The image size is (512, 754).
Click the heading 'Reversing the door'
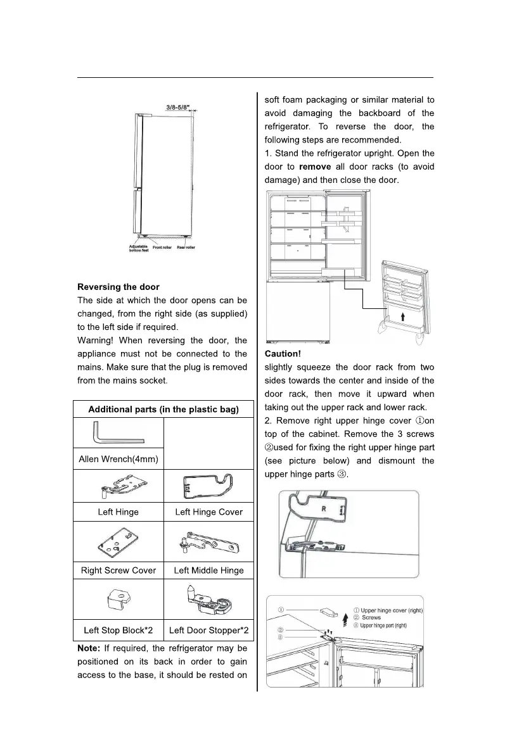pos(118,287)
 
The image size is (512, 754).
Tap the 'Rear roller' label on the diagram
pos(186,248)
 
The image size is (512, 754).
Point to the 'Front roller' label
pos(162,248)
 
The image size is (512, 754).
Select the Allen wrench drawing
pos(118,434)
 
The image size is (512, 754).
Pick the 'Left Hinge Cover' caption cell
pos(208,512)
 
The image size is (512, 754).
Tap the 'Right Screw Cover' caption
pos(118,570)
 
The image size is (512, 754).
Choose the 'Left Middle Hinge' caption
pos(208,570)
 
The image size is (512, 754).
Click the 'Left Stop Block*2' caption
pos(118,631)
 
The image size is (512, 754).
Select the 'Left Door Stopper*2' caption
pos(208,631)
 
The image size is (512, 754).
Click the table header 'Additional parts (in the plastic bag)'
pos(163,410)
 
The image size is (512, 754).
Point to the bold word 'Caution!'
pos(283,355)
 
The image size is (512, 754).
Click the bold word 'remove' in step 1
pos(314,167)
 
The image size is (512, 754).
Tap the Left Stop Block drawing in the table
pos(118,599)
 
